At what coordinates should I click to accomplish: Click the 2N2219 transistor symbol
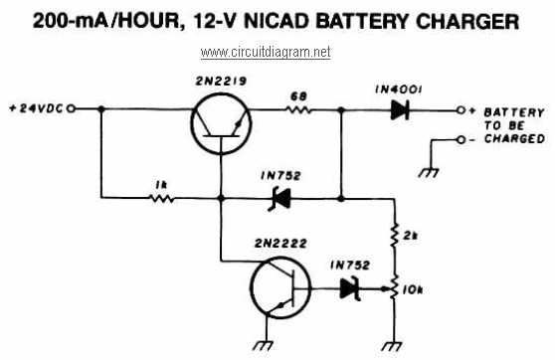221,123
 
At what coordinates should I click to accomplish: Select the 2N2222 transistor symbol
280,287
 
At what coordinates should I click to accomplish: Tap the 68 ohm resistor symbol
298,109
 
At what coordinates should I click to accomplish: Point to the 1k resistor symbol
162,198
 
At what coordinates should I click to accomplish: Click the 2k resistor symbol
394,236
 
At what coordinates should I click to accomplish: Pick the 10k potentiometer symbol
393,288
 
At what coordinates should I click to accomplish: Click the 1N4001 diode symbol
400,110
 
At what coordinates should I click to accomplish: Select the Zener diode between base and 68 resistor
279,199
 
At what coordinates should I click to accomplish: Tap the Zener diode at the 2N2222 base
350,288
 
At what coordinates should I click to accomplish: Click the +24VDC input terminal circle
72,109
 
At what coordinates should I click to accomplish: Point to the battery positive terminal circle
461,110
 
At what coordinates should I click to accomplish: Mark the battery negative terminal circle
461,140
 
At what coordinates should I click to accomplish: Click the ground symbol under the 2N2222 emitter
263,345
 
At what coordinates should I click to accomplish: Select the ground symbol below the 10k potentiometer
392,346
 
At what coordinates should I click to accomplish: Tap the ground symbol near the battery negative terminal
429,172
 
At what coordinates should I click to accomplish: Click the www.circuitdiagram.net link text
266,53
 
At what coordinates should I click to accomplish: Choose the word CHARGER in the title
467,21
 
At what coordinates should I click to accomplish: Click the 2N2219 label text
221,82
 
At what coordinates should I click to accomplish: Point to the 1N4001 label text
399,90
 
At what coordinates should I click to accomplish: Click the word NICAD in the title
277,21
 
